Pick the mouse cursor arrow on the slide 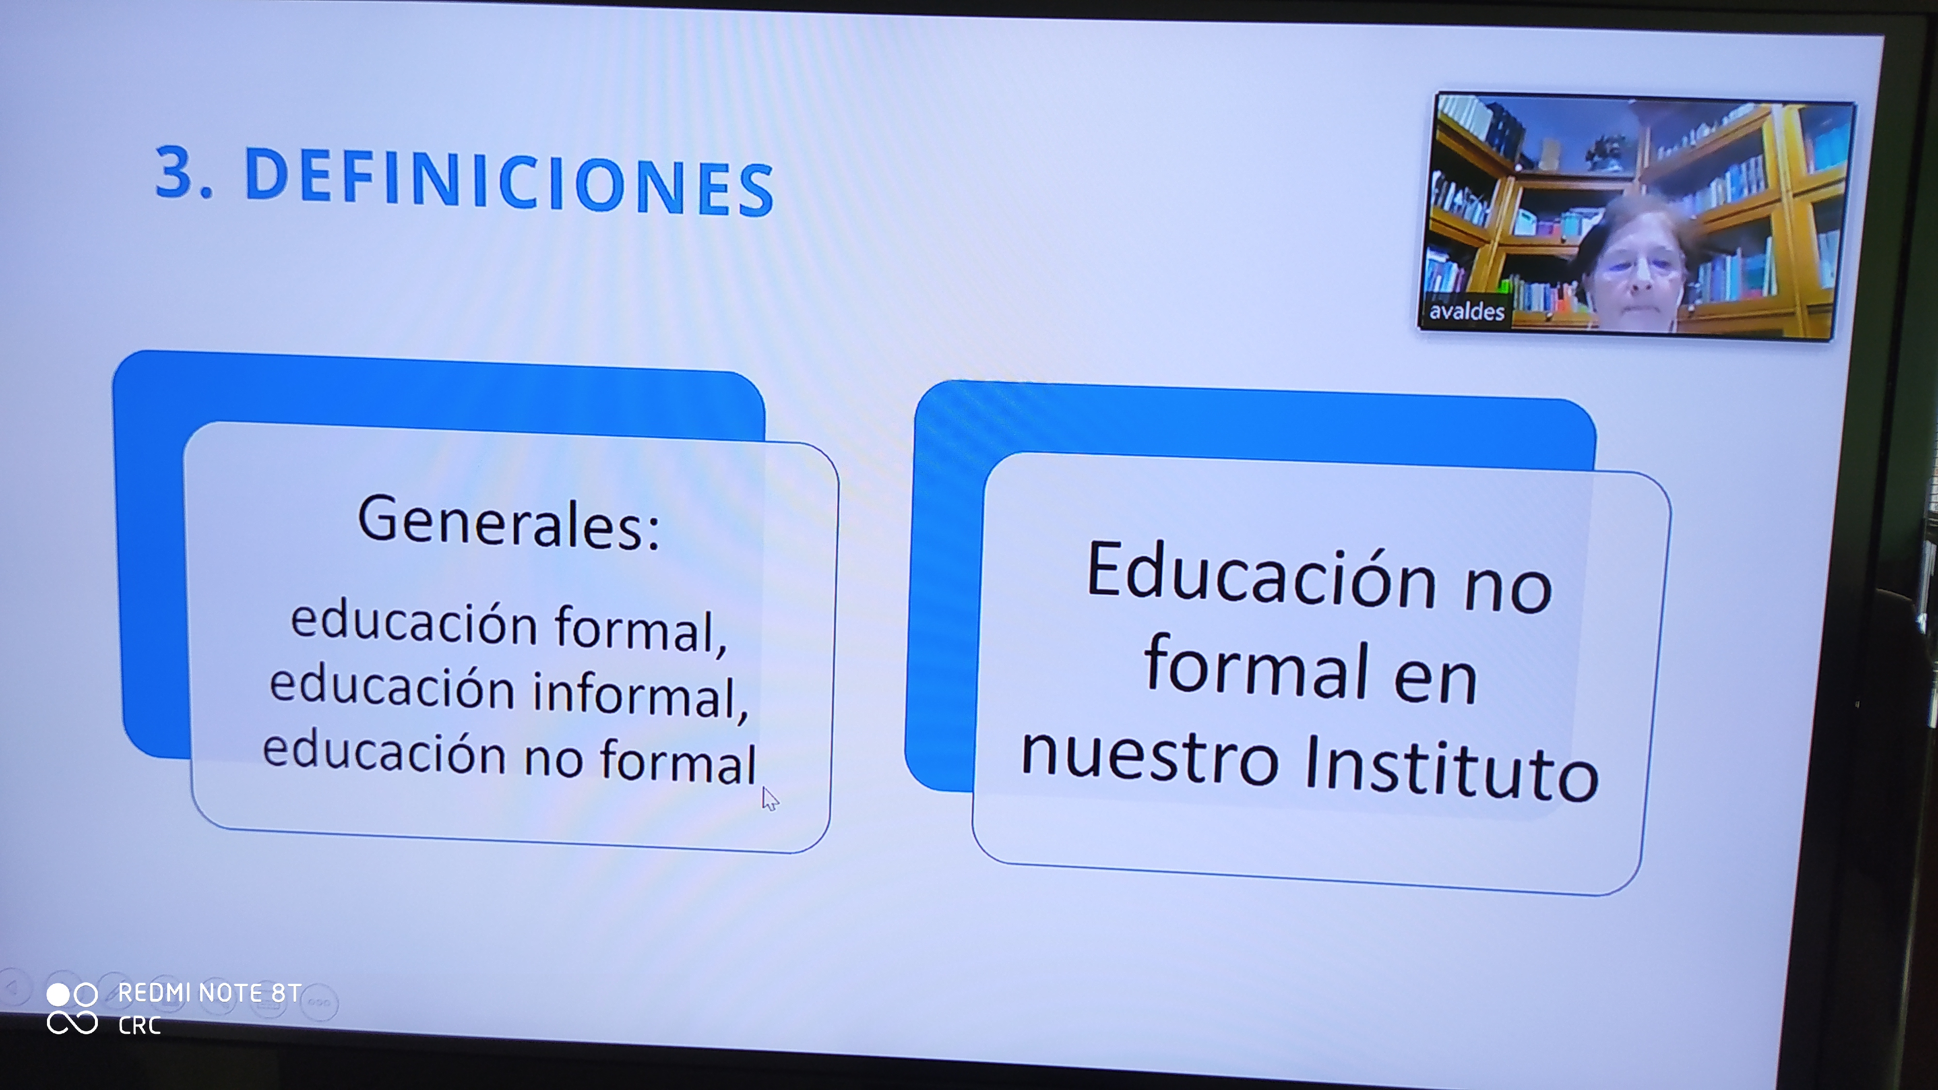tap(770, 799)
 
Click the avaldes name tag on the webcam tap(1466, 310)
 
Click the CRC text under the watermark tap(139, 1025)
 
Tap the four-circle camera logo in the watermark tap(72, 1008)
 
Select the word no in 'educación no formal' tap(553, 756)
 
